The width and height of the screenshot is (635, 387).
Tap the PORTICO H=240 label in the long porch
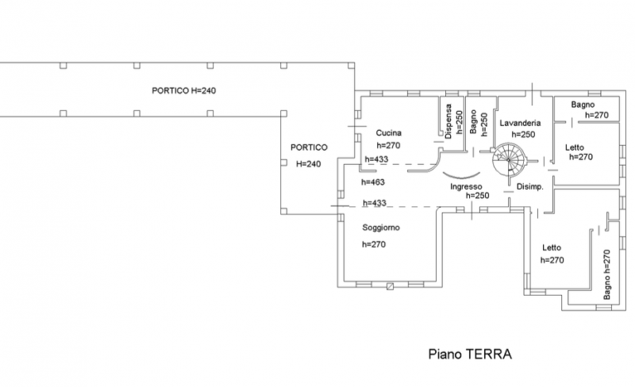pos(184,91)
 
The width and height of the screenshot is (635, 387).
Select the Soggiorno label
pos(381,228)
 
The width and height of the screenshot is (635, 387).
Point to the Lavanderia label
pos(520,124)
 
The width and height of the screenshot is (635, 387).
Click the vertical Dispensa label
pos(448,122)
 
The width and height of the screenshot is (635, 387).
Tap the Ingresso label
pos(467,186)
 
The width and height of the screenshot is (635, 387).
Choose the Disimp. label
pos(529,186)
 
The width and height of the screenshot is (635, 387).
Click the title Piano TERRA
pos(471,354)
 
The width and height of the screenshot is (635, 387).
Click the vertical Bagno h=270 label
pos(606,274)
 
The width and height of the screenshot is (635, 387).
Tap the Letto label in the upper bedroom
pos(575,147)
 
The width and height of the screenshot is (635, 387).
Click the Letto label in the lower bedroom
pos(552,247)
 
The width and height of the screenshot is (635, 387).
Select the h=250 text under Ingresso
pos(476,196)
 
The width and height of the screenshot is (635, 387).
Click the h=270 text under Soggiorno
pos(374,244)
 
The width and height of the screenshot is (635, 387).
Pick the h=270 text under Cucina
pos(389,146)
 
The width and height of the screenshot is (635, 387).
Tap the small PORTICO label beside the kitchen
pos(308,148)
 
